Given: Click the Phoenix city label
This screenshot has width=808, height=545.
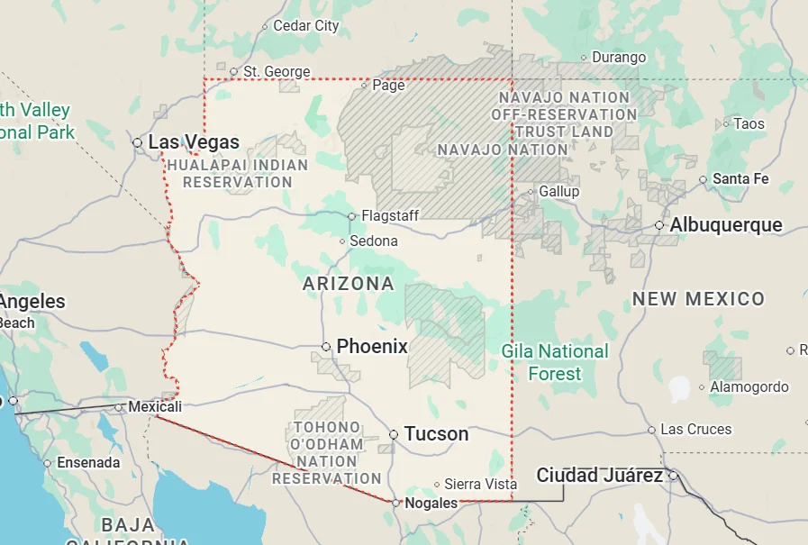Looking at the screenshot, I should click(x=372, y=347).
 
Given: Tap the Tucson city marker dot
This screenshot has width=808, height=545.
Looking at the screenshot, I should click(x=394, y=434).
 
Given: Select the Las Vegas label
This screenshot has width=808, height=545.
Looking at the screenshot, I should click(x=194, y=142).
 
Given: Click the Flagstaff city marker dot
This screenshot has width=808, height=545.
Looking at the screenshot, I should click(x=352, y=216).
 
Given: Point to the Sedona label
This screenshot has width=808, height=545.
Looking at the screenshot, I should click(x=374, y=241).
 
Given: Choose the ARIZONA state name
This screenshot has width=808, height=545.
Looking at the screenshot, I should click(x=349, y=284).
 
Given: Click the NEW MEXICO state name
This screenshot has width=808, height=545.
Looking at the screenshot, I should click(x=698, y=299).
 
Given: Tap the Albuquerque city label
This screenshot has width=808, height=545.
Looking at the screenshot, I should click(x=726, y=225).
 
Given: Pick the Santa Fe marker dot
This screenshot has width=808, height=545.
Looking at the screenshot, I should click(x=704, y=179).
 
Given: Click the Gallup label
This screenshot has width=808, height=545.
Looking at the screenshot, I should click(x=558, y=192).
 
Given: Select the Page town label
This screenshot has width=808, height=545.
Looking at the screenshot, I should click(x=388, y=86).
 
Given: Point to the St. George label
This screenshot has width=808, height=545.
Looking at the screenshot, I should click(x=277, y=71).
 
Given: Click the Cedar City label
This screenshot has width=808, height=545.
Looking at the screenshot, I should click(x=305, y=26).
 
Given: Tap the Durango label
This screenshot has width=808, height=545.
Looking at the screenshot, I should click(x=619, y=58).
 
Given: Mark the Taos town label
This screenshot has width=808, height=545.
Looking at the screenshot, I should click(x=749, y=124).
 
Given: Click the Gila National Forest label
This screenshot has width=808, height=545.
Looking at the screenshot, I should click(x=555, y=362).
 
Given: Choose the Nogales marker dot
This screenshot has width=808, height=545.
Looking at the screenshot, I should click(x=395, y=503).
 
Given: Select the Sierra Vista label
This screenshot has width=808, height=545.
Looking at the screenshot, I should click(x=481, y=485).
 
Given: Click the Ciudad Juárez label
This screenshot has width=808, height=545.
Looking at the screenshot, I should click(x=600, y=475).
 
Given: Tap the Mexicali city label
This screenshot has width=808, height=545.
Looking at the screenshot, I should click(x=155, y=407).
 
